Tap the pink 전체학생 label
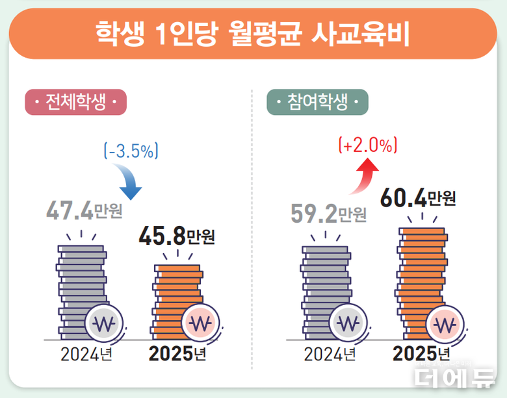[x=75, y=103]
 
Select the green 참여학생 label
[x=317, y=103]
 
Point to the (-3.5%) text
[x=131, y=152]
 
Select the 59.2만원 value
[x=329, y=213]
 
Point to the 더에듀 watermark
[x=455, y=375]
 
